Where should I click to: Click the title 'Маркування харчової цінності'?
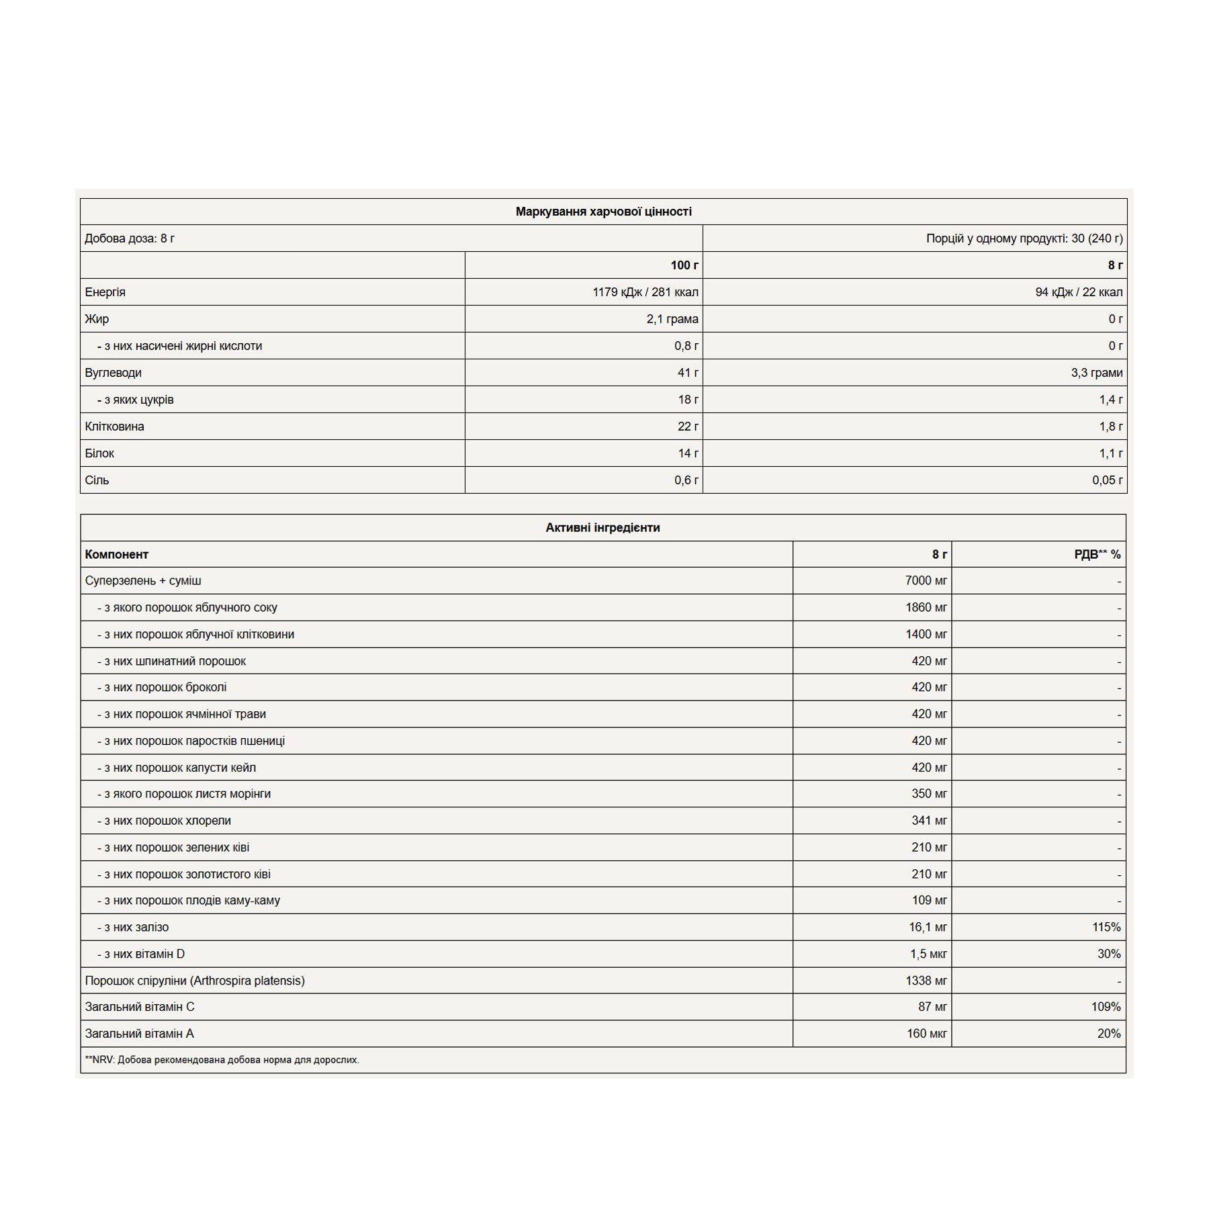603,212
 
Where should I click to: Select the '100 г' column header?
684,265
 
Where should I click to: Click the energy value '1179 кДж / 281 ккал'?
645,292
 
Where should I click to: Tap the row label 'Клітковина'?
114,427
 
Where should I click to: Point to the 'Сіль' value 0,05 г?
1107,480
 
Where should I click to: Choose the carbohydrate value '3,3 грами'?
1096,373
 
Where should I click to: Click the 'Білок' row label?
99,453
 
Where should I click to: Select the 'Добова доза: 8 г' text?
130,238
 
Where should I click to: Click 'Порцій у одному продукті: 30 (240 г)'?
1024,238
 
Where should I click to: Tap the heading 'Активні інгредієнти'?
602,528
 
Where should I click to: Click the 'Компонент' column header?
116,555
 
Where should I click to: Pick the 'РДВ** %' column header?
1097,555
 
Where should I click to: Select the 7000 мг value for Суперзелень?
926,581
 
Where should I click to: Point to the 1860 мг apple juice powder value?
926,608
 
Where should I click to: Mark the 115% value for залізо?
1106,928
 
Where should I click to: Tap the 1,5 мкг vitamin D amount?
928,954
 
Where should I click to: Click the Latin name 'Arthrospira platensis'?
247,981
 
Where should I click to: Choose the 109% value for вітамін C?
1106,1007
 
